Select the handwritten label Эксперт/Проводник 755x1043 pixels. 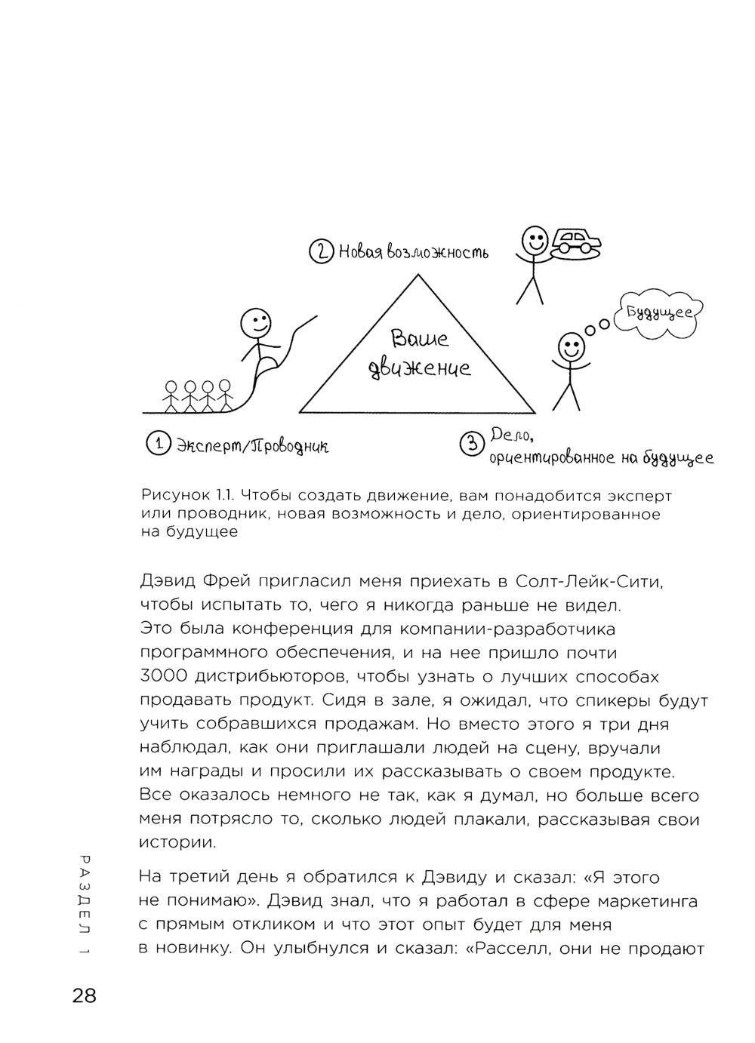tap(252, 446)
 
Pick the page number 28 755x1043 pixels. tap(85, 996)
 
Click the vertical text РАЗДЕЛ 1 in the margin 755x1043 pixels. tap(85, 906)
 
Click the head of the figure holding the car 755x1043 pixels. tap(535, 239)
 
